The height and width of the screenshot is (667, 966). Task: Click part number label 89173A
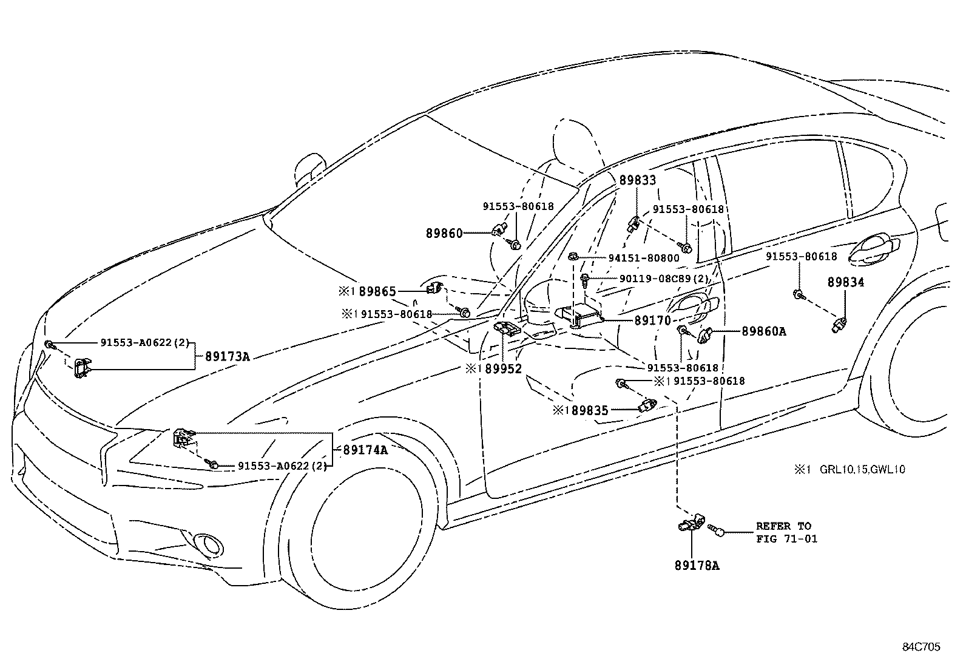(x=227, y=357)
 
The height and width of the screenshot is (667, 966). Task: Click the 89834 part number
(x=846, y=282)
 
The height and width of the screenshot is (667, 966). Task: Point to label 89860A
(x=763, y=331)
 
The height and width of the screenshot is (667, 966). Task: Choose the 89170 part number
(x=652, y=320)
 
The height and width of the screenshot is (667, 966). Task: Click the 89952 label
(x=503, y=368)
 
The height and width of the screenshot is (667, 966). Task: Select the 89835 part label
(x=589, y=411)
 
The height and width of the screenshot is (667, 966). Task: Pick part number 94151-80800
(x=644, y=258)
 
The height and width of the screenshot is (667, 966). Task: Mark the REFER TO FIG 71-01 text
(x=783, y=532)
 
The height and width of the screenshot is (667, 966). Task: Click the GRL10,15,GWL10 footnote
(x=862, y=469)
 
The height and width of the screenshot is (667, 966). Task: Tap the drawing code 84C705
(x=920, y=647)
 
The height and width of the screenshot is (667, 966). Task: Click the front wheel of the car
(x=358, y=534)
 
